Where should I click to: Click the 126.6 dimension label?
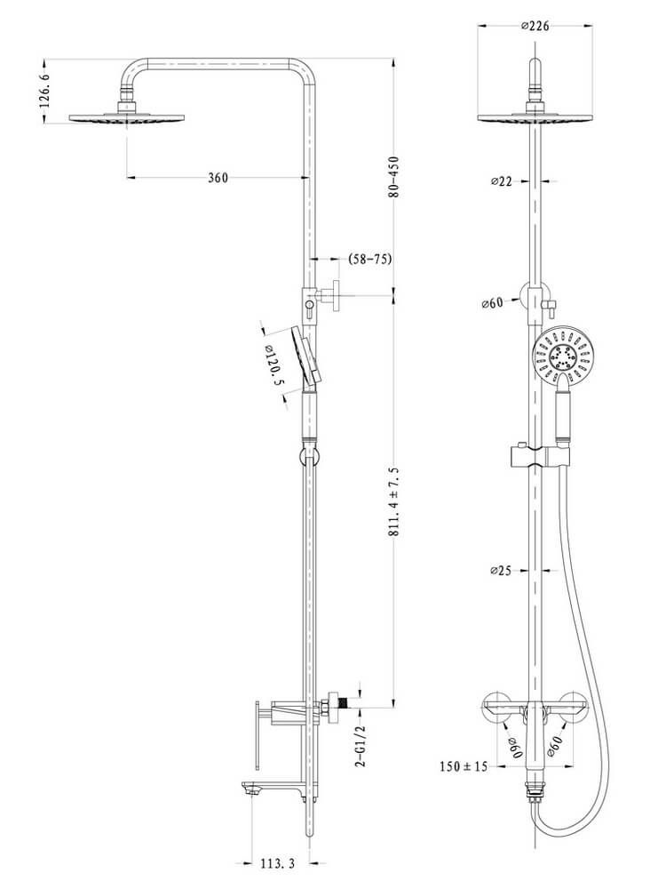(45, 91)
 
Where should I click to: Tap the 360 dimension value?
(218, 178)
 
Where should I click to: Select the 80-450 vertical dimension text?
(393, 177)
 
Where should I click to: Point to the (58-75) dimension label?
(369, 259)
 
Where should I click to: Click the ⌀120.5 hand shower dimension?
(273, 366)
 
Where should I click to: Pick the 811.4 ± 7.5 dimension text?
(394, 502)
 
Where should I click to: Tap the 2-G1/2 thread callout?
(361, 746)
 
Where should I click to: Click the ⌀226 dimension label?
(535, 26)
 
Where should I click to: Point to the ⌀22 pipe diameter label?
(501, 181)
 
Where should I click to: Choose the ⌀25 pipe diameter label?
(501, 571)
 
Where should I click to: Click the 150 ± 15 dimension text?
(464, 766)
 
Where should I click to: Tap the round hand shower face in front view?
(563, 356)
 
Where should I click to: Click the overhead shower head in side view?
(127, 117)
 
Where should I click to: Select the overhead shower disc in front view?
(535, 117)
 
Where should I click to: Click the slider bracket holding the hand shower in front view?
(539, 456)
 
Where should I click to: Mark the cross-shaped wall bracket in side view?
(328, 295)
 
